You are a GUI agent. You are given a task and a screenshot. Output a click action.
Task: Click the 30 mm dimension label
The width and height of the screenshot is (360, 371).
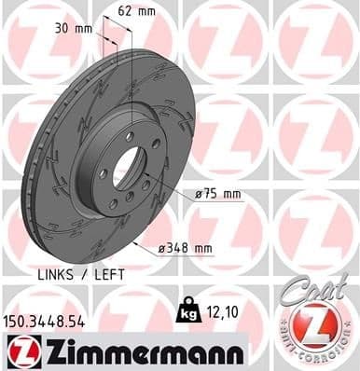click(x=74, y=29)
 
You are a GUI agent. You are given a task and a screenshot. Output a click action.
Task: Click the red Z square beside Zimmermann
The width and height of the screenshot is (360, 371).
click(x=19, y=350)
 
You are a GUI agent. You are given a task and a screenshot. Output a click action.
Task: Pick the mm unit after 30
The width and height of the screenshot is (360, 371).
click(x=84, y=29)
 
